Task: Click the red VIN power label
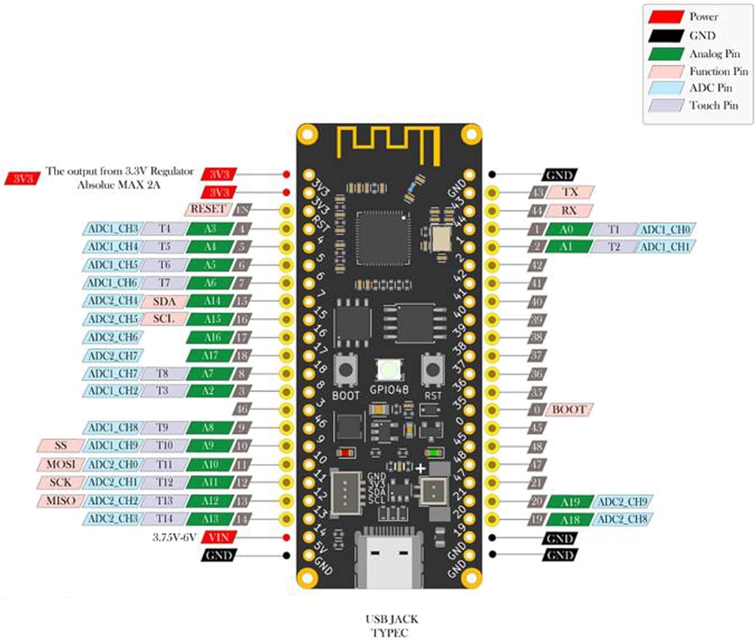tap(218, 537)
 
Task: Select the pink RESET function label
tap(207, 209)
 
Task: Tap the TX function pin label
tap(570, 192)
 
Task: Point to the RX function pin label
tap(569, 210)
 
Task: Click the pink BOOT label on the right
tap(568, 409)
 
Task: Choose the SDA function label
tap(164, 301)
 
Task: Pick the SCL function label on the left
tap(163, 319)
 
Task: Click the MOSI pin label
tap(60, 464)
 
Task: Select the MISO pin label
tap(60, 501)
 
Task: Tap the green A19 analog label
tap(570, 502)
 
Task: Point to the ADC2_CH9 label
tap(622, 502)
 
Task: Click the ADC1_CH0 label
tap(665, 230)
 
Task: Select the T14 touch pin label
tap(164, 519)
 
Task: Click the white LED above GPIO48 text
tap(389, 371)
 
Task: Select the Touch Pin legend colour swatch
tap(665, 106)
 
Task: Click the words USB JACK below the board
tap(392, 619)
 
